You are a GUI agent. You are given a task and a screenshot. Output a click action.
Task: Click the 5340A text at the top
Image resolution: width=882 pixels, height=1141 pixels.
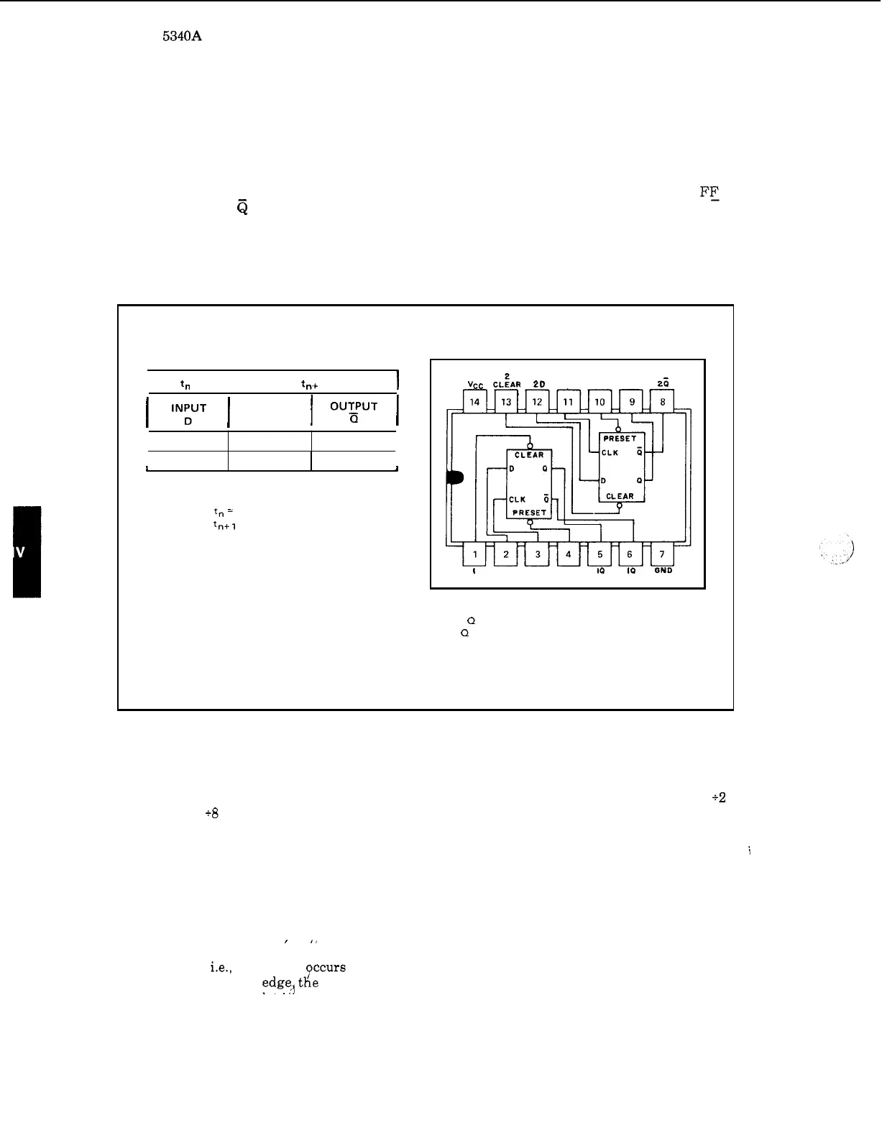click(x=181, y=35)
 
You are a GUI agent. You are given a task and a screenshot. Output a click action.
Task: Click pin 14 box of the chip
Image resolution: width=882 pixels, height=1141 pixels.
click(x=474, y=402)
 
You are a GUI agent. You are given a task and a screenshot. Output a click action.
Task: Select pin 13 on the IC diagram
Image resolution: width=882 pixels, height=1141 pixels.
click(x=506, y=402)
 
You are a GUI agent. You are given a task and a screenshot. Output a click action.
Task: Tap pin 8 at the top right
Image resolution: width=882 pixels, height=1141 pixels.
click(x=662, y=402)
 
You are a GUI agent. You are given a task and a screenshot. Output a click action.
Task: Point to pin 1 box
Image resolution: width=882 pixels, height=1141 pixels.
click(x=474, y=554)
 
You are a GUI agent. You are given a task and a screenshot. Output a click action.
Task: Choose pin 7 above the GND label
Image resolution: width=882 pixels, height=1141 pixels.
click(x=662, y=554)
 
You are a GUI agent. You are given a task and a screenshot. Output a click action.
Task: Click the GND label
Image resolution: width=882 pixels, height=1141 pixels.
click(x=662, y=571)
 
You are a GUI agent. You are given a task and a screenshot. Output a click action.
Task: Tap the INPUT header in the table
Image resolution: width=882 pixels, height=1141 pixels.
click(x=188, y=408)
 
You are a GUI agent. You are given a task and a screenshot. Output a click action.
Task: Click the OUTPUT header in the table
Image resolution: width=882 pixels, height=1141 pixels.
click(x=354, y=406)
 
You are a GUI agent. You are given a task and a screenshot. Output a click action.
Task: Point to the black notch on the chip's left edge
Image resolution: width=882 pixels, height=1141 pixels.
click(x=455, y=478)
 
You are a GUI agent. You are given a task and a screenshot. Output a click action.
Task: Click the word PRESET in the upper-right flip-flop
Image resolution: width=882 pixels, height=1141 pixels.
click(x=620, y=439)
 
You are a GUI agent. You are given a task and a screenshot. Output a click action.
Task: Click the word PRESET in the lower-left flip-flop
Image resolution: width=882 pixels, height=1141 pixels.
click(x=530, y=513)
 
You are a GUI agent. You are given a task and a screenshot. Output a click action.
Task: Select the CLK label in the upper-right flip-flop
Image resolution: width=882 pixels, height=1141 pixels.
click(x=610, y=453)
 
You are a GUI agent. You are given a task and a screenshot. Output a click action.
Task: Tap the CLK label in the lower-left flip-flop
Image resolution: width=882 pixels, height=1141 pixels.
click(x=518, y=499)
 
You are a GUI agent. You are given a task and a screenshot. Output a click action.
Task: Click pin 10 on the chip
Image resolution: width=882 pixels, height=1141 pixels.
click(x=600, y=402)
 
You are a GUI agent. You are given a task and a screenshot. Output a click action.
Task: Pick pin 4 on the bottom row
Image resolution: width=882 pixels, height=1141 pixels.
click(x=568, y=554)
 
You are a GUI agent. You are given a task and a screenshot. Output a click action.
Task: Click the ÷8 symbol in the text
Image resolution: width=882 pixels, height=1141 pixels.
click(x=211, y=813)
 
